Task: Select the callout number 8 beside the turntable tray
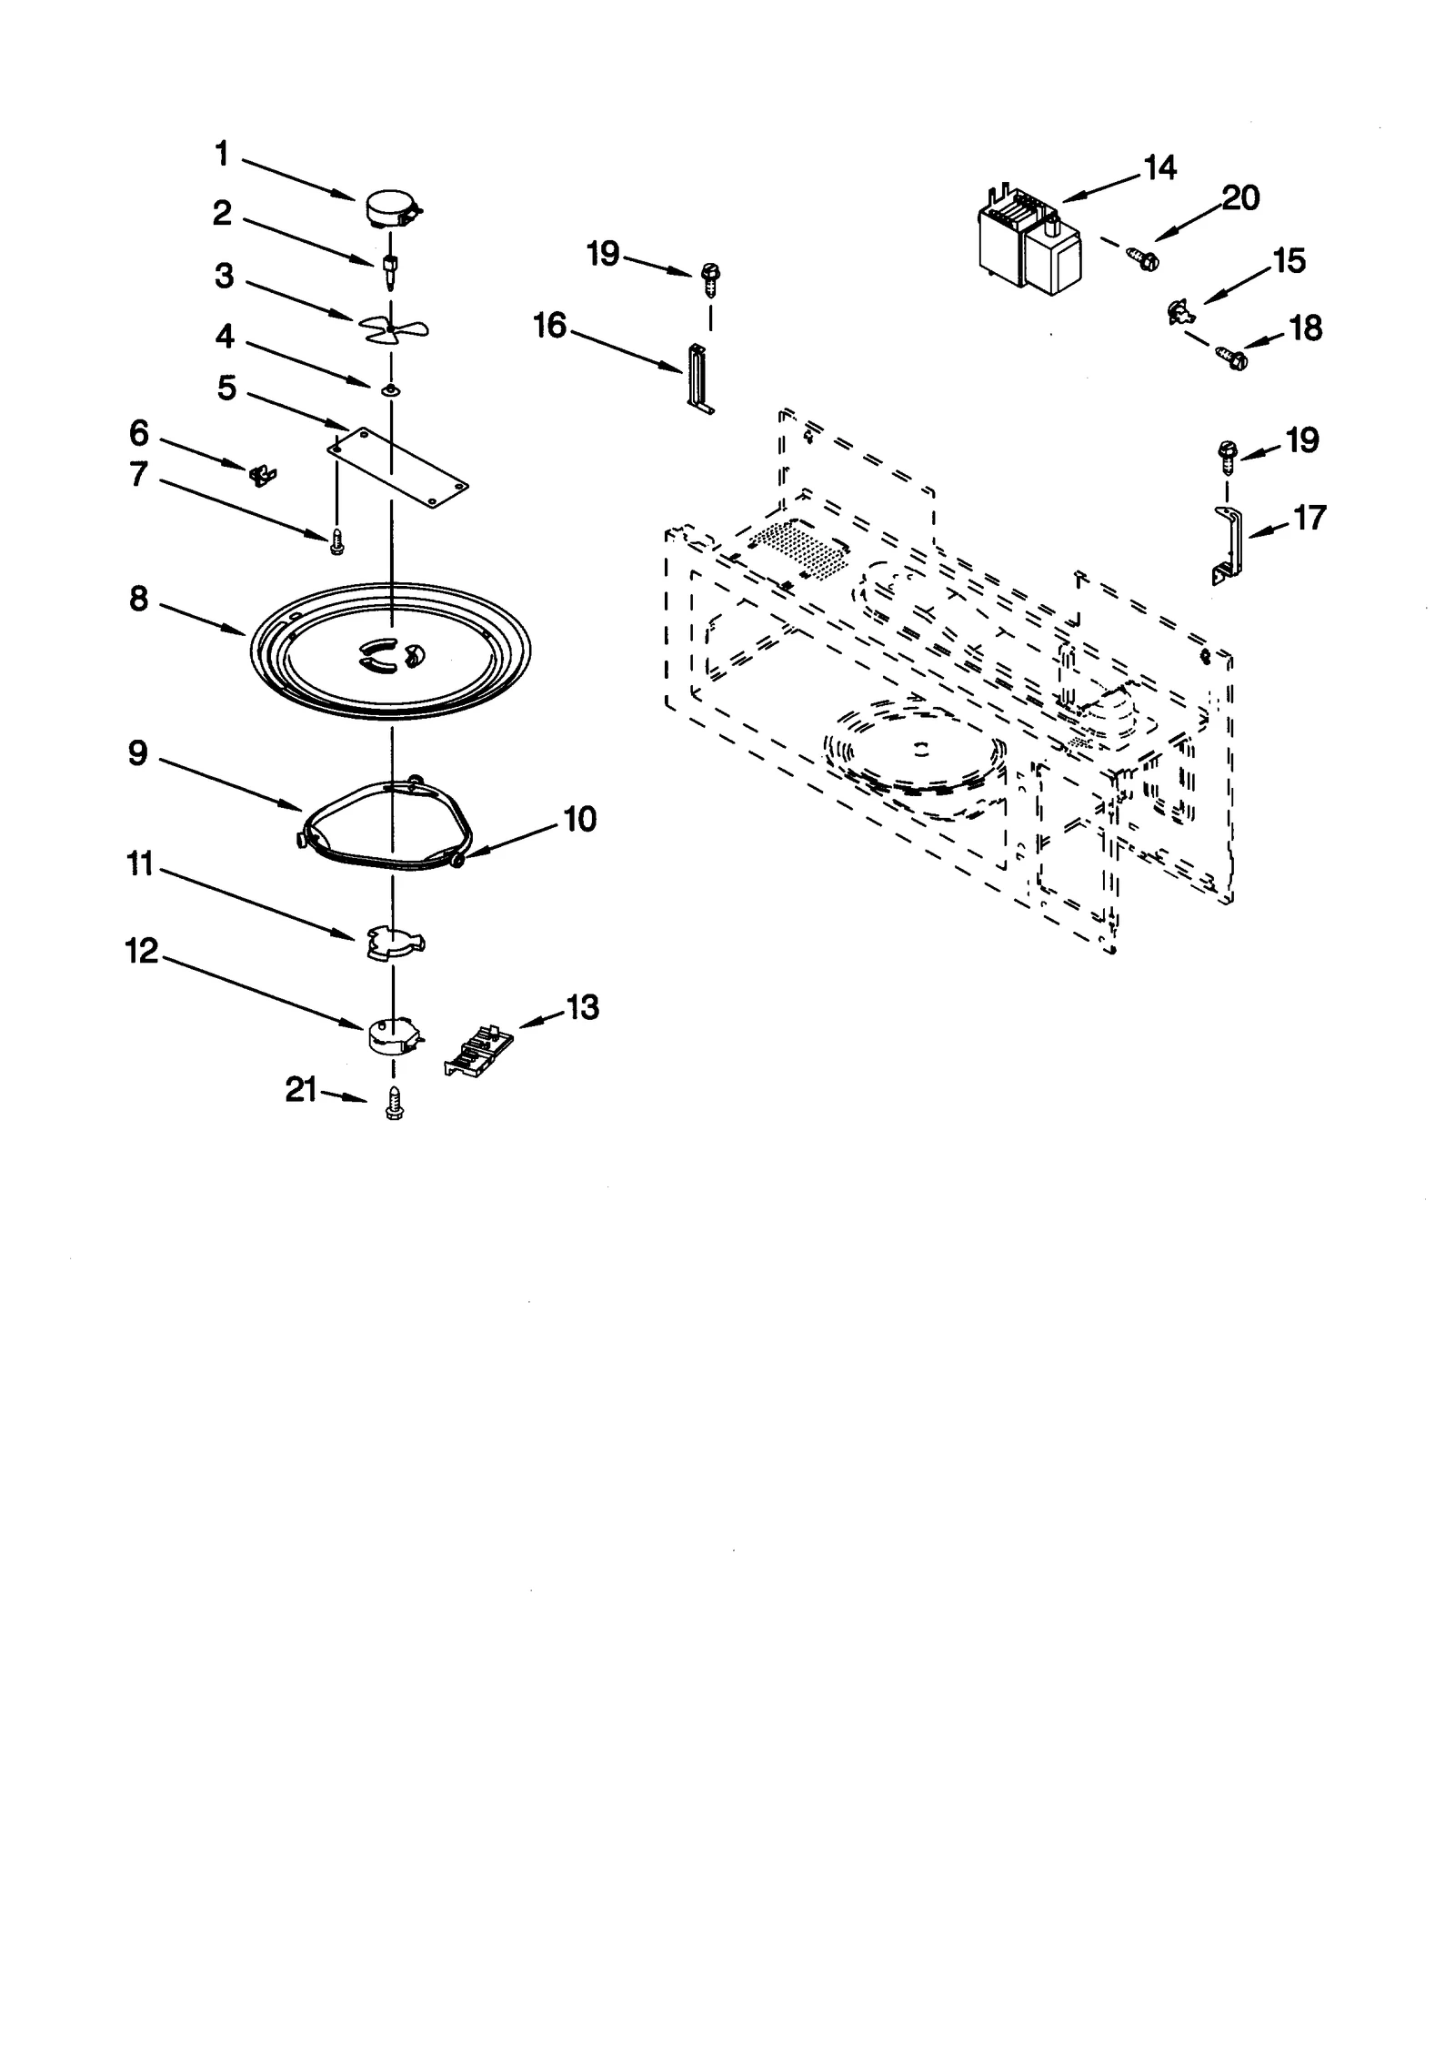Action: (x=138, y=600)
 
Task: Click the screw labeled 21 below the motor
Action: (x=394, y=1103)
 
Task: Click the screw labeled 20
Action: (x=1143, y=257)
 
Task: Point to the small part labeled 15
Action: (x=1179, y=315)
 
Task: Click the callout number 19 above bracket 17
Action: (x=1302, y=440)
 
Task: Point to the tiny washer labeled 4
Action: (x=390, y=389)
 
